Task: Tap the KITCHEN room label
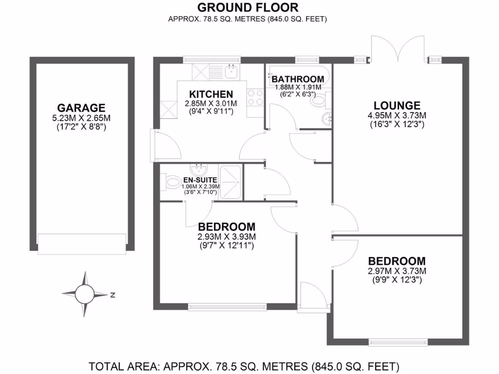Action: (211, 94)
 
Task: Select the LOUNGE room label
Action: (397, 106)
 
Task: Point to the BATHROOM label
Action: (297, 79)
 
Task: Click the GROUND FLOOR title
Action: (248, 7)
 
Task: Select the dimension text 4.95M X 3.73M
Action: (397, 115)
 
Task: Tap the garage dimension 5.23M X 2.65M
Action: (81, 118)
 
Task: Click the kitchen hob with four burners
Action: (255, 97)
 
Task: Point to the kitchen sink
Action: (231, 72)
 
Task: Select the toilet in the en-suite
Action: (171, 184)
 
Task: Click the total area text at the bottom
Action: (244, 366)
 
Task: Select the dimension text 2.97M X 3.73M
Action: (397, 271)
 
